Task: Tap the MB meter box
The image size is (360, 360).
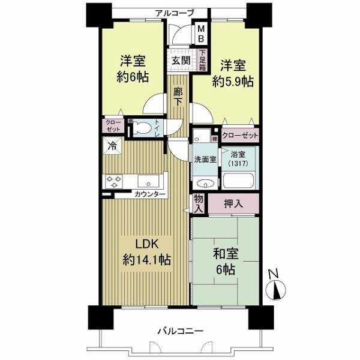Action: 202,34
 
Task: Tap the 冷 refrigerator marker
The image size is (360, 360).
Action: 112,145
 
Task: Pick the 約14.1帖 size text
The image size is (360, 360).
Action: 146,260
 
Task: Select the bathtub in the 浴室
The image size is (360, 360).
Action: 240,182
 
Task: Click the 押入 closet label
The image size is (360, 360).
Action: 233,204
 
